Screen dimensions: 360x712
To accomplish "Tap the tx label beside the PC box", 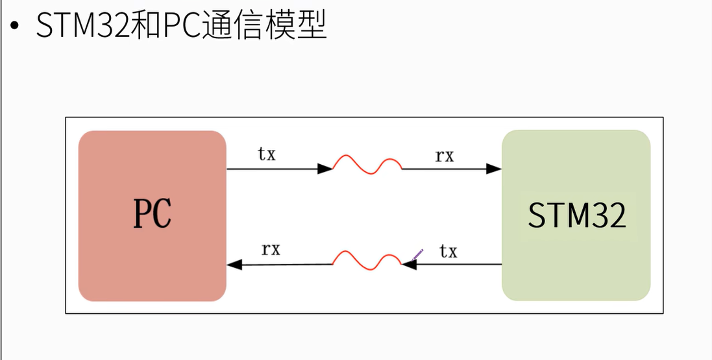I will pos(267,154).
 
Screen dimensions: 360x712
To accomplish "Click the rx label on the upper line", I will pos(445,156).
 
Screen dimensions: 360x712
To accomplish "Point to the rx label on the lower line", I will pos(271,249).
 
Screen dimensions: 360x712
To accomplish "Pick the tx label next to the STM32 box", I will pos(448,251).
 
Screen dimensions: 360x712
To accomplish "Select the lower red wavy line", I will pos(367,259).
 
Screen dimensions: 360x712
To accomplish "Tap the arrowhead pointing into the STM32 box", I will pos(494,169).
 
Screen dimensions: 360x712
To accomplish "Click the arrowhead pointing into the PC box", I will pos(234,265).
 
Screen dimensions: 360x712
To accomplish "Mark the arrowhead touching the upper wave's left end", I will pos(325,169).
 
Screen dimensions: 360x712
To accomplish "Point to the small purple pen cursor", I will pos(418,253).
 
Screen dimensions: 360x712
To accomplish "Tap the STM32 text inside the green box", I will pos(576,215).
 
